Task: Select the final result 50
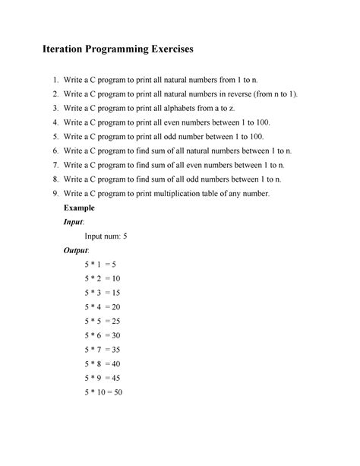coord(118,393)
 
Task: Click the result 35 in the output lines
coord(118,350)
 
